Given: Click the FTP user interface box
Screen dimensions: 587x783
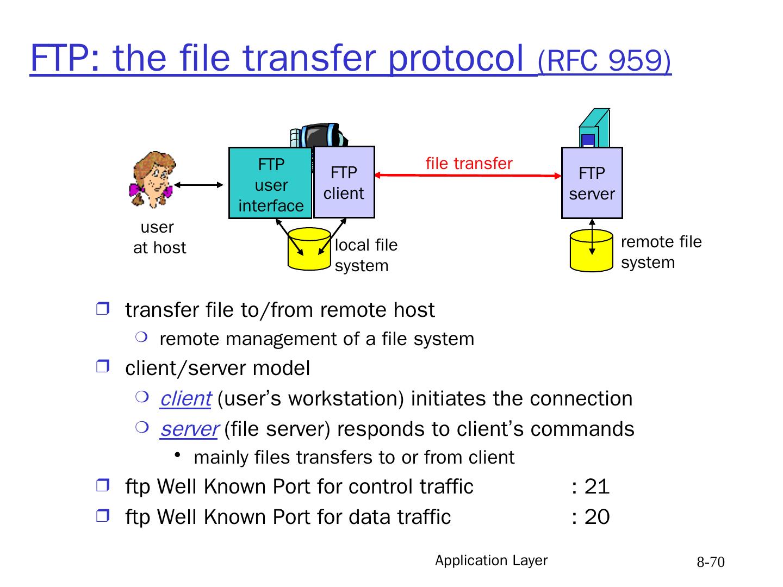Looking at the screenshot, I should pos(270,183).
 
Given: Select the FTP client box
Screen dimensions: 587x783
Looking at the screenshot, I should pos(344,183).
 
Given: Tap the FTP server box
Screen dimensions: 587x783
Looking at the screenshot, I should pos(592,183).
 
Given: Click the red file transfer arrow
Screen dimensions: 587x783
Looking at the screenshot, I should pos(468,176).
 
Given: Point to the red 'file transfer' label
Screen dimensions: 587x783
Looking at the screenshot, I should pos(469,163).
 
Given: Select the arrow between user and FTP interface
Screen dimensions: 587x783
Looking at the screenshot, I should pos(198,185).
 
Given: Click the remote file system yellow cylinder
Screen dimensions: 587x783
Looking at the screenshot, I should pos(592,251).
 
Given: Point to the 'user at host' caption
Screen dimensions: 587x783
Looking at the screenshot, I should pos(159,238).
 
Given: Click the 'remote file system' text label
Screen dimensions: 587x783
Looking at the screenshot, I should pos(661,252).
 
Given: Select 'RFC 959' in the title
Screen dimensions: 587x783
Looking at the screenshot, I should pos(604,61).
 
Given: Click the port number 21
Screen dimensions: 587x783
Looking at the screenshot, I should pos(597,486).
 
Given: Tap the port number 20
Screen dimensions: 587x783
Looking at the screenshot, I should pos(597,517).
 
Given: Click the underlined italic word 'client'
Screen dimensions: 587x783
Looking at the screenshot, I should pos(185,399).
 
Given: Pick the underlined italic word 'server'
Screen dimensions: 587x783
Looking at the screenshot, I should pos(189,429).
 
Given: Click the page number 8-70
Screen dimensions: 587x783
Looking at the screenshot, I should pos(711,562).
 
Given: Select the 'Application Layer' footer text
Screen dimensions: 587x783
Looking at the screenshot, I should pos(491,560).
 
